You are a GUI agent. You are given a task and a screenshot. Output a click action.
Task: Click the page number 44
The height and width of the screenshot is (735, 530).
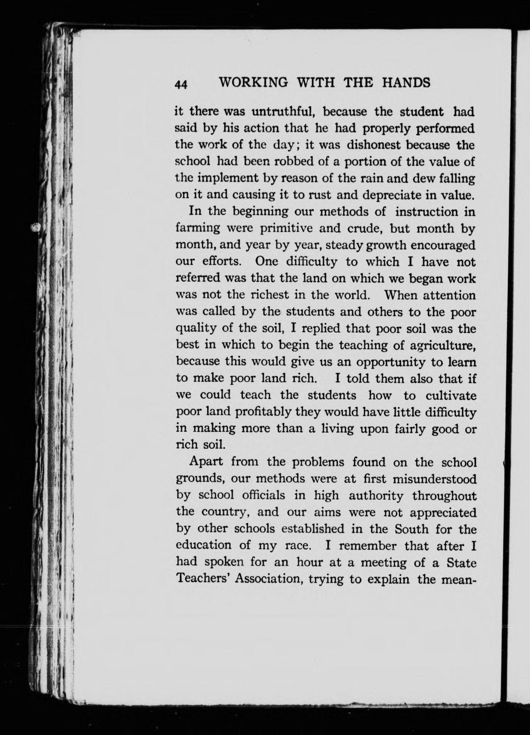click(x=181, y=84)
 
